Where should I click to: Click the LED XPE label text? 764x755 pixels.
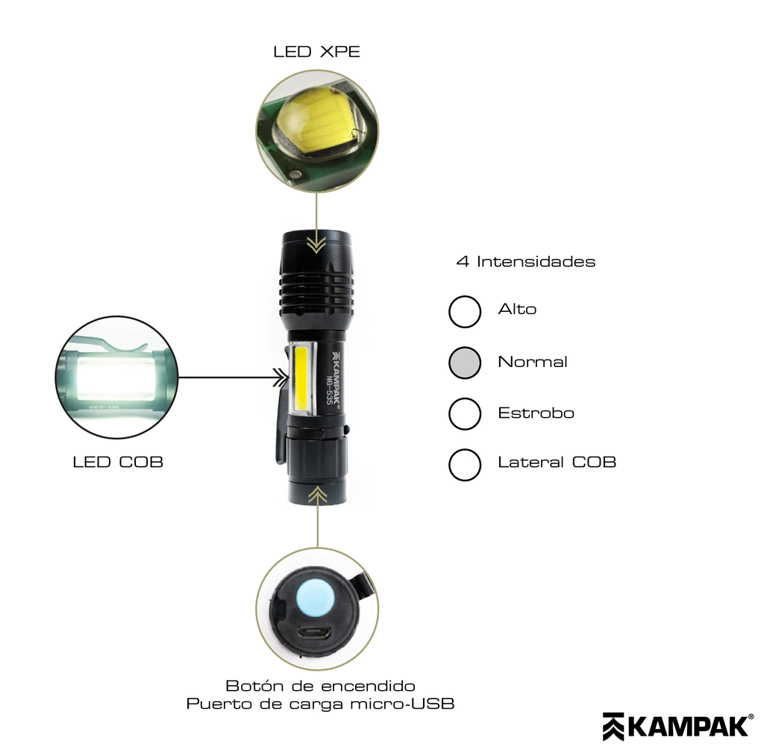tap(316, 51)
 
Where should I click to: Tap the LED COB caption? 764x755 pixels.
tap(118, 463)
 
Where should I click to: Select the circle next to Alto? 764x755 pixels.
tap(465, 312)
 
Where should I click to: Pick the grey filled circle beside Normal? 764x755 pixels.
tap(465, 363)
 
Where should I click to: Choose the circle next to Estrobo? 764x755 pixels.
tap(465, 414)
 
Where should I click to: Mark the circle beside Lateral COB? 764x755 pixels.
tap(465, 465)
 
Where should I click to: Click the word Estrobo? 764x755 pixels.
tap(536, 413)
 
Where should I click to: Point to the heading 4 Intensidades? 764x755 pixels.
tap(526, 262)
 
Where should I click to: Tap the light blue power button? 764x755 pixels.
tap(316, 598)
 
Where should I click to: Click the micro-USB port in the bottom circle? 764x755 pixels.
tap(315, 634)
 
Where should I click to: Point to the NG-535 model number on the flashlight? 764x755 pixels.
tap(330, 390)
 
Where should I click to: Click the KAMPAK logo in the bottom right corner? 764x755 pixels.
tap(677, 727)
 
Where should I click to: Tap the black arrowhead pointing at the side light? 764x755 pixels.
tap(281, 377)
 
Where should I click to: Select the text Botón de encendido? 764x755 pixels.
tap(320, 686)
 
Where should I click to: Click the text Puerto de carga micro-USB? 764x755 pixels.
tap(320, 704)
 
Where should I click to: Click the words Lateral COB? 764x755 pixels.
tap(557, 463)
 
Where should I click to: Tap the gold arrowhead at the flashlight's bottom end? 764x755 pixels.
tap(318, 496)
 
